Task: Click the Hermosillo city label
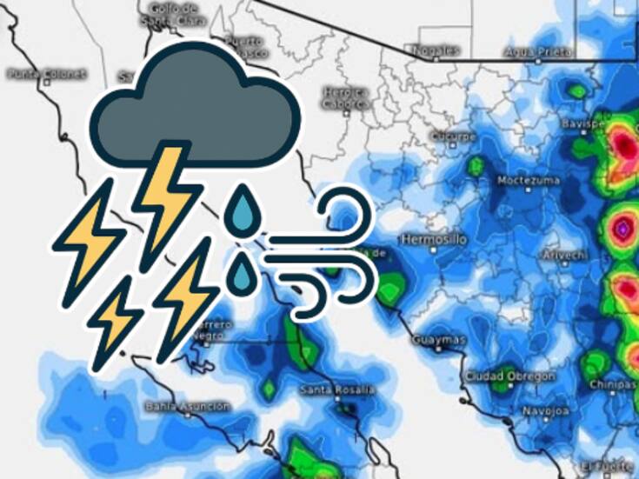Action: tap(434, 238)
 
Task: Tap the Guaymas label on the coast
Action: tap(439, 339)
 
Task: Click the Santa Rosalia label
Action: tap(337, 389)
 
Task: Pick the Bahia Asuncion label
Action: tap(188, 406)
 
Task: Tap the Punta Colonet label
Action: tap(48, 74)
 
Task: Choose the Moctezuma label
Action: tap(522, 180)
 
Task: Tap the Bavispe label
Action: tap(582, 124)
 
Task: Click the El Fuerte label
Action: tap(605, 462)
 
